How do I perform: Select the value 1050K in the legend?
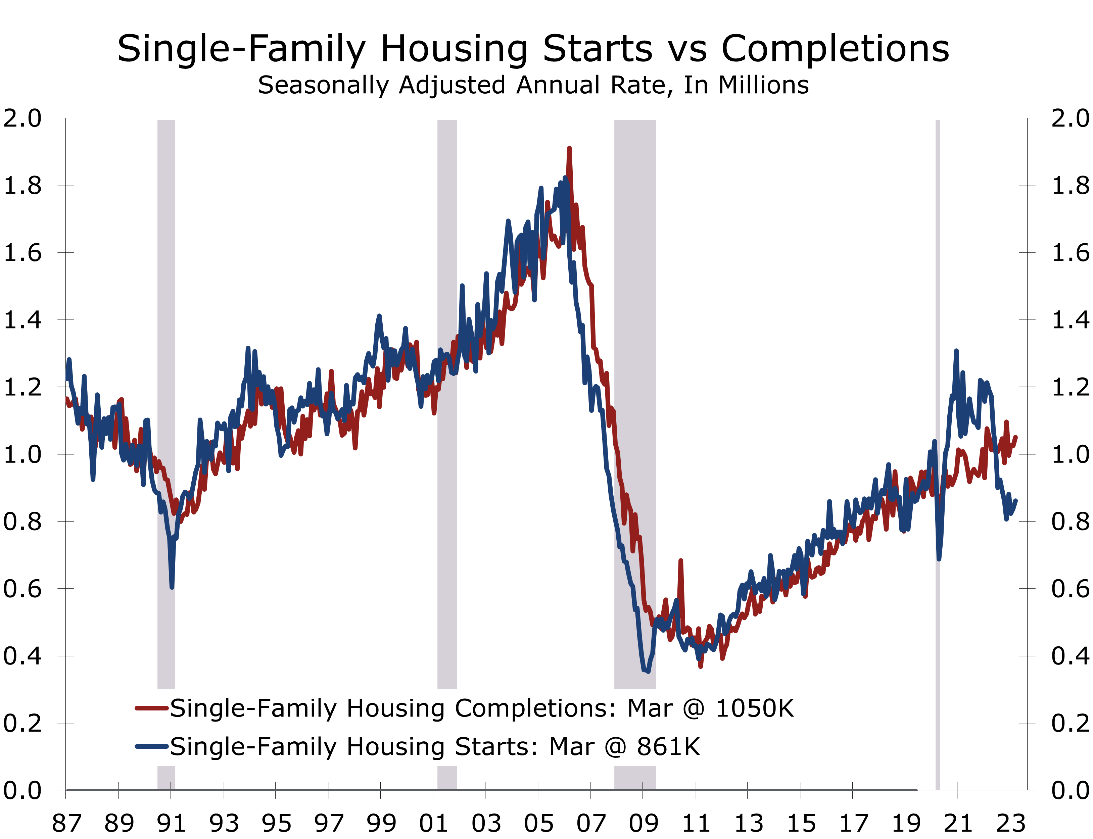coord(754,708)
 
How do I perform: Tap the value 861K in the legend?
coord(668,747)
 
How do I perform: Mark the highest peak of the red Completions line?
coord(569,148)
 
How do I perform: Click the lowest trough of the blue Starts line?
coord(648,672)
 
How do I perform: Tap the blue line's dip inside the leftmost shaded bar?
coord(172,587)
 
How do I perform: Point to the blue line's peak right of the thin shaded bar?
coord(956,351)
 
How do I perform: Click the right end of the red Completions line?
coord(1015,437)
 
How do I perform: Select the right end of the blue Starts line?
coord(1015,500)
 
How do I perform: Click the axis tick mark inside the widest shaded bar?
coord(643,786)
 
